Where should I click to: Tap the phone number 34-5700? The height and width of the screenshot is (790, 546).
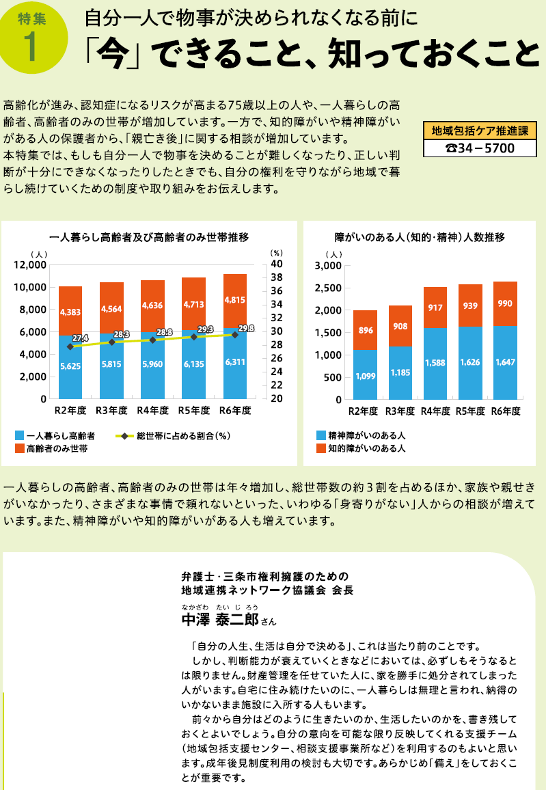click(479, 148)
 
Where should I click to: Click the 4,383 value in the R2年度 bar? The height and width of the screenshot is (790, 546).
click(70, 312)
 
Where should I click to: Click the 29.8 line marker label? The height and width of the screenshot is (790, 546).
click(245, 328)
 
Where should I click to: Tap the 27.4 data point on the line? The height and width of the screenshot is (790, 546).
click(70, 346)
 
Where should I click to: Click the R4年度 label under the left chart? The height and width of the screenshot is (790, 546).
click(153, 411)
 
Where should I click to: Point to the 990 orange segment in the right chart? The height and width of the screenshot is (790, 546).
click(504, 303)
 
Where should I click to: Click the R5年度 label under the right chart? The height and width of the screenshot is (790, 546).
click(469, 411)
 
